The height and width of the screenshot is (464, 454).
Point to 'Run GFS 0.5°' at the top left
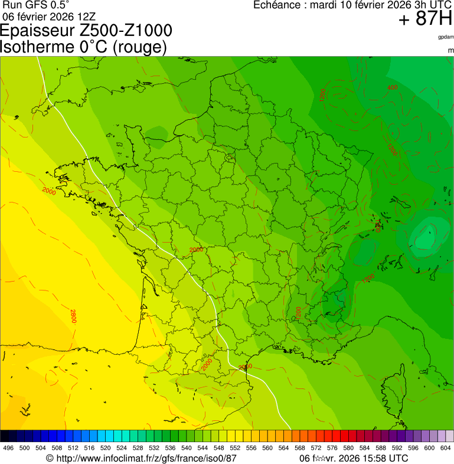(x=35, y=5)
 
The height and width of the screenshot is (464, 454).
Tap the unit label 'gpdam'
(x=446, y=37)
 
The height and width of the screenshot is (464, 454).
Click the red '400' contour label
(x=392, y=88)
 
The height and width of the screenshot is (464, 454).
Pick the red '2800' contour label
(x=73, y=316)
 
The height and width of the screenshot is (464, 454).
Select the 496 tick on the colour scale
(x=8, y=449)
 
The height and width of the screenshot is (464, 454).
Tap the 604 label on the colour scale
(x=446, y=449)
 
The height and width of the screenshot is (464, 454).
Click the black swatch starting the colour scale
(x=5, y=436)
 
